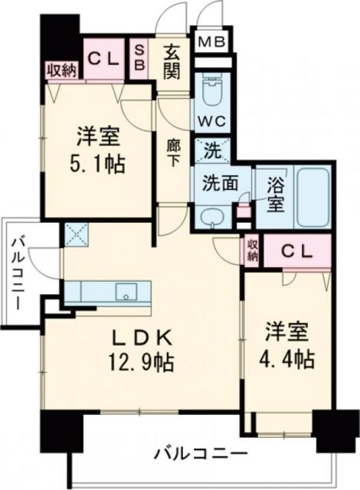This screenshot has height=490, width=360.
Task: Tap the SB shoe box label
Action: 141,57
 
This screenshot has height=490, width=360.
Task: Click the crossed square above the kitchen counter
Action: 77,232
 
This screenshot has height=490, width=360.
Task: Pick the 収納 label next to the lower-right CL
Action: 253,250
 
